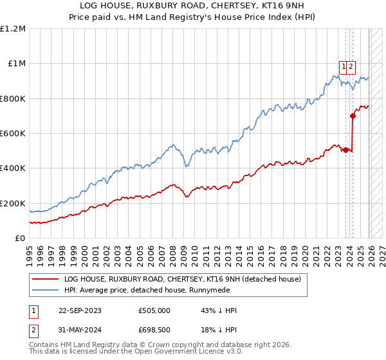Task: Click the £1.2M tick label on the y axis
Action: tap(13, 29)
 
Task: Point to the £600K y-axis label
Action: tap(13, 134)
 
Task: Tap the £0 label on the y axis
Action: tap(20, 239)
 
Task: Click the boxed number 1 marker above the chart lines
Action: tap(344, 66)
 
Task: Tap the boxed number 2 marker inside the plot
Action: tap(352, 66)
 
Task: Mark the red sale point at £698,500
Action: tap(353, 116)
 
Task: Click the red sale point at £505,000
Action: tap(345, 150)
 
